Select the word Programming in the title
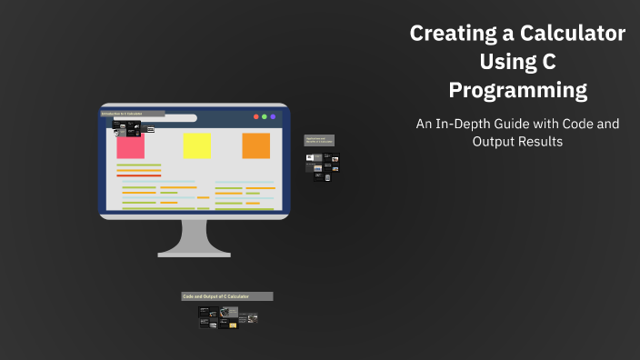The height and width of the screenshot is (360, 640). coord(517,91)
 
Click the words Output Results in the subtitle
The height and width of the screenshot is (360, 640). coord(517,142)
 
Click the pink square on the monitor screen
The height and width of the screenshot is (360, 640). coord(130,145)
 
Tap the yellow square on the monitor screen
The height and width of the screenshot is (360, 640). coord(196,145)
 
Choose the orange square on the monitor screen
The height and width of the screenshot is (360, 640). coord(255,145)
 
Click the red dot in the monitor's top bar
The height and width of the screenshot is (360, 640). coord(255,116)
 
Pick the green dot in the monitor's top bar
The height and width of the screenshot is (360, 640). coord(265,116)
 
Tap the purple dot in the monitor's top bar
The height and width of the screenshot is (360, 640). coord(274,116)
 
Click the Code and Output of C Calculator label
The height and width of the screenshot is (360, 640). coord(227,296)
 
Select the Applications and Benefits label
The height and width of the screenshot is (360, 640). coord(319,141)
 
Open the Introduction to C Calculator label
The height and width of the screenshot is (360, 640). coord(133,114)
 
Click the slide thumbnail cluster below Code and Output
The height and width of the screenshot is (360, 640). coord(227,316)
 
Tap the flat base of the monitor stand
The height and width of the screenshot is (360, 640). coord(194,253)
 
